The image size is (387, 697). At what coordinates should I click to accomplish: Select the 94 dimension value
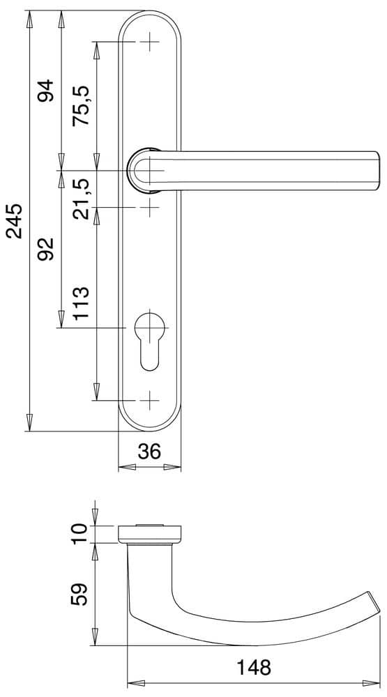[x=45, y=90]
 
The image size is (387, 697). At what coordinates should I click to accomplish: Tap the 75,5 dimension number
[x=81, y=106]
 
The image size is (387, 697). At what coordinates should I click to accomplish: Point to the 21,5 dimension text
[x=81, y=199]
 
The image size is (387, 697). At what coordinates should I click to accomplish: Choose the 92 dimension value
[x=45, y=249]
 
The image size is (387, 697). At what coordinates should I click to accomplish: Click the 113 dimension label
[x=81, y=304]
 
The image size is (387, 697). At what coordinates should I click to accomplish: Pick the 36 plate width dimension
[x=149, y=452]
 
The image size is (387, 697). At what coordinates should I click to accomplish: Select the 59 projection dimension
[x=79, y=595]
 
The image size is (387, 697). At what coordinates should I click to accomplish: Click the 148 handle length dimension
[x=253, y=667]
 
